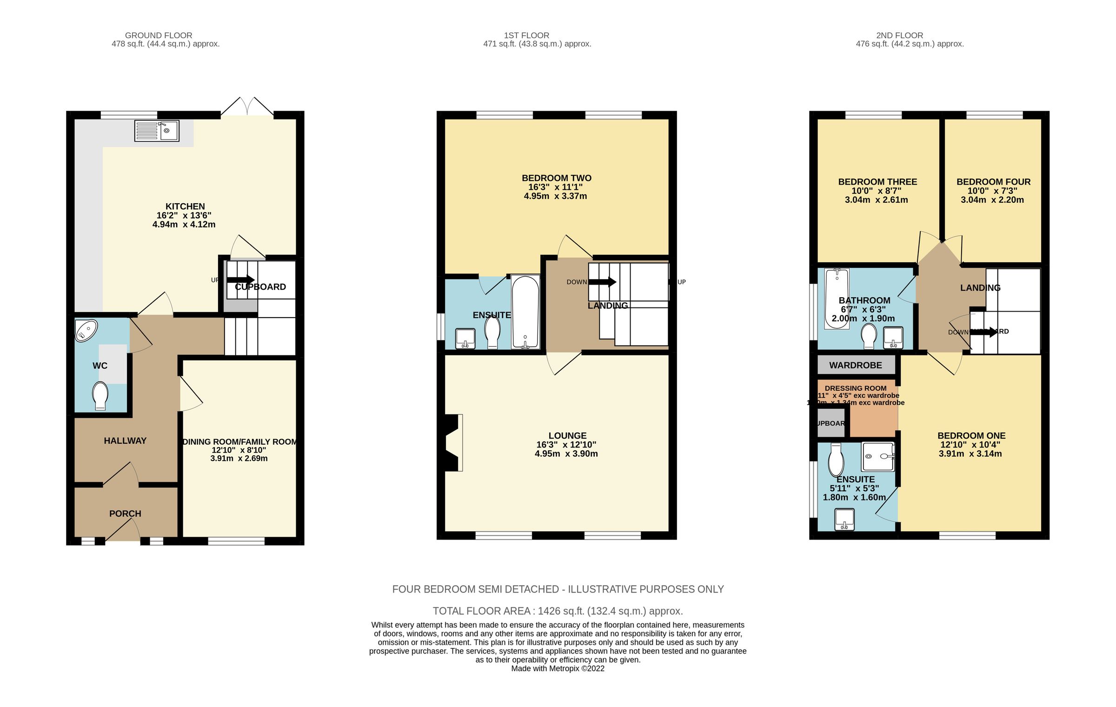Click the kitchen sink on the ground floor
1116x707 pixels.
(157, 131)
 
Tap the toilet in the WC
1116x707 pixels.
(100, 395)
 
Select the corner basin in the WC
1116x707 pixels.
(86, 331)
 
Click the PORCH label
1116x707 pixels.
(125, 514)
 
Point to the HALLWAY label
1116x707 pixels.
(125, 440)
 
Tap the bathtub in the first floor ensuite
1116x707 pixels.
(525, 312)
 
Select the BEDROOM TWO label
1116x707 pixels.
(556, 178)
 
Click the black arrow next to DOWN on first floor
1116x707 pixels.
(602, 282)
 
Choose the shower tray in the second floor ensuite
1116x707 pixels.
(878, 457)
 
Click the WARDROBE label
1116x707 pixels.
(855, 365)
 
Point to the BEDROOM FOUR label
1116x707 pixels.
(993, 182)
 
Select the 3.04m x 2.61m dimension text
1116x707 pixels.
(876, 200)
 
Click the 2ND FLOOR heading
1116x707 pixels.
(899, 35)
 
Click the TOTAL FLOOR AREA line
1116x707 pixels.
(558, 611)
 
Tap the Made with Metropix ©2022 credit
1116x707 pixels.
(558, 668)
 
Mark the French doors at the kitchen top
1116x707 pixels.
(247, 107)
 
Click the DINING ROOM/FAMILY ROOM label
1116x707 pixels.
(239, 441)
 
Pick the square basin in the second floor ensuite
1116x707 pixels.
(844, 520)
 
